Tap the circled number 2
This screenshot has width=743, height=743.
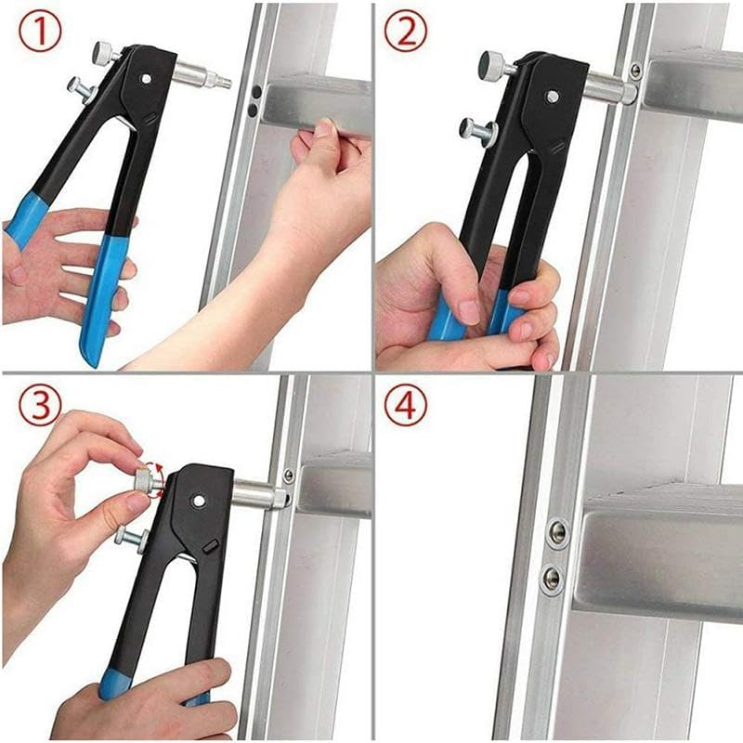coord(406,33)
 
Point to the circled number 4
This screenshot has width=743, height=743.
coord(406,406)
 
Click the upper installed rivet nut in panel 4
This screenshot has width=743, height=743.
coord(557,531)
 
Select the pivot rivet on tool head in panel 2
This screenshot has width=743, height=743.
coord(552,96)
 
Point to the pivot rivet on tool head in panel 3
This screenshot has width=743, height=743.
coord(198,501)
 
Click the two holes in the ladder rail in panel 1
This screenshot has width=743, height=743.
coord(253,100)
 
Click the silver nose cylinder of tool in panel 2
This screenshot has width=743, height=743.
coord(608,90)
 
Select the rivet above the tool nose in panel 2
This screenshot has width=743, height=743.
coord(635,71)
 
